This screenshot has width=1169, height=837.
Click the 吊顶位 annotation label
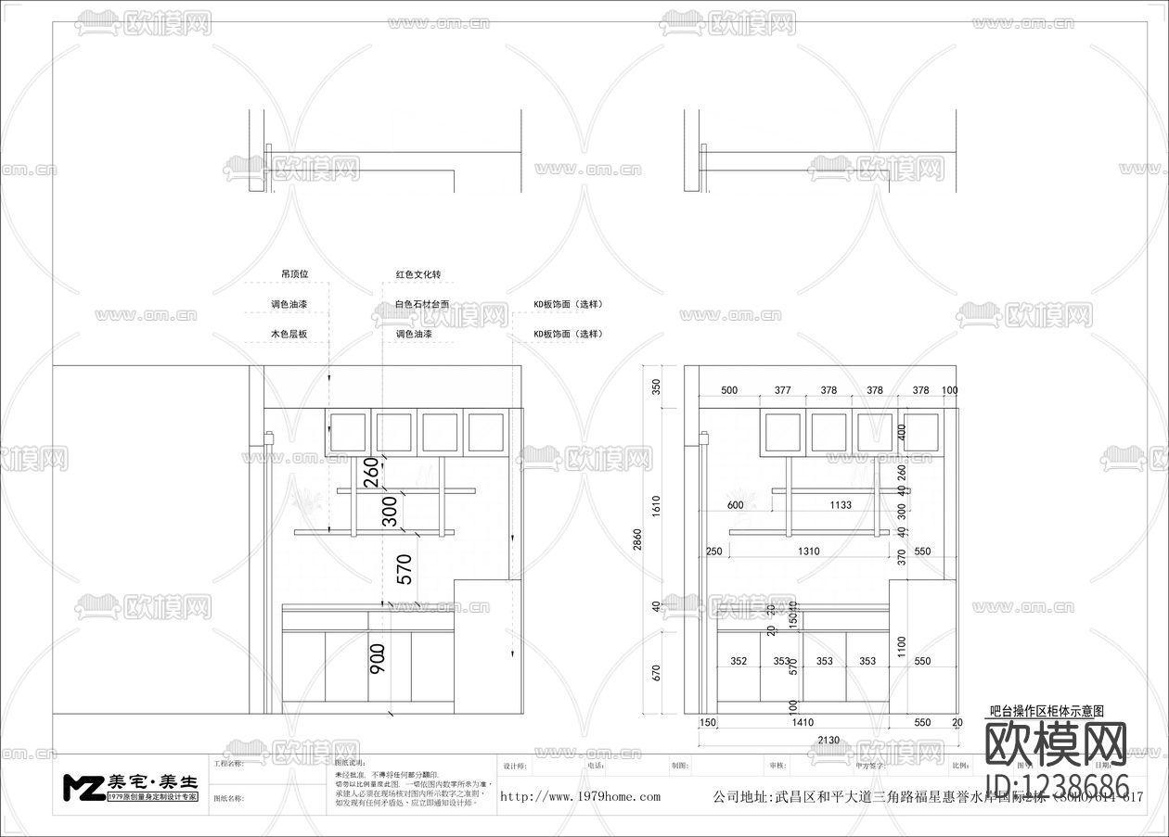click(x=294, y=275)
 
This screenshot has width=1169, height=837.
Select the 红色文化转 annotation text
click(x=417, y=275)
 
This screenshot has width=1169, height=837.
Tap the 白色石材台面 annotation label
click(x=421, y=304)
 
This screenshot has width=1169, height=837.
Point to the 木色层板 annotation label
click(x=289, y=334)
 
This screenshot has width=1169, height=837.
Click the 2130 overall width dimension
click(x=829, y=740)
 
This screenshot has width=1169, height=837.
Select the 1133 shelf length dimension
click(x=841, y=505)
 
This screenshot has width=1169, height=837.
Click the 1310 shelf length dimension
click(x=808, y=552)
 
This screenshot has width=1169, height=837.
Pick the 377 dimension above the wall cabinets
click(x=782, y=391)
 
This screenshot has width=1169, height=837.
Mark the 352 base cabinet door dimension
click(x=739, y=662)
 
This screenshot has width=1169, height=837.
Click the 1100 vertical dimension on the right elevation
click(x=900, y=646)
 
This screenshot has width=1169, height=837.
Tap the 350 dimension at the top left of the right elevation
click(x=655, y=387)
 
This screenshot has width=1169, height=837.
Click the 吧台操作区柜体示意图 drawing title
click(x=1047, y=711)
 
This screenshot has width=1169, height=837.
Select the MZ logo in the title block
click(x=83, y=787)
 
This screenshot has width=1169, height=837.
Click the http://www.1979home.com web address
click(x=580, y=796)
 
